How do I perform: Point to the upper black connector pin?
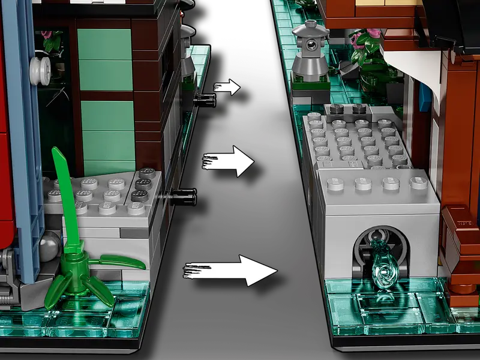[205, 96]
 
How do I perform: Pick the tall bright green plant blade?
[64, 198]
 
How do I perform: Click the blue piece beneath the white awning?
[425, 94]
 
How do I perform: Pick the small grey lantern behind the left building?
[188, 51]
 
